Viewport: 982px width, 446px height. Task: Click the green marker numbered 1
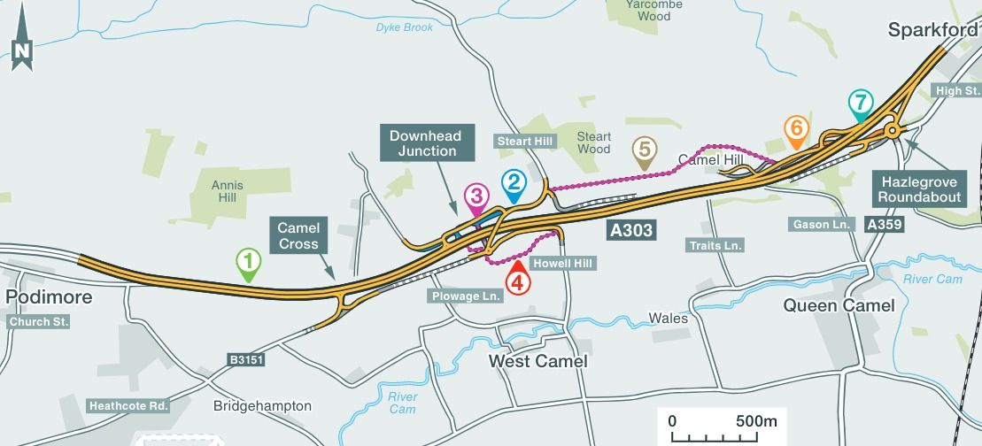(249, 261)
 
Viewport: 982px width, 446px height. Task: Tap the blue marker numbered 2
(513, 183)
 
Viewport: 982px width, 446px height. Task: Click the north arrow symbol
(22, 53)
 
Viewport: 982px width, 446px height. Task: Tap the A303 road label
(631, 231)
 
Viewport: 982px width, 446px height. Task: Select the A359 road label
(884, 225)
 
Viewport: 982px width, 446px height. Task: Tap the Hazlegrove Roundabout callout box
(919, 188)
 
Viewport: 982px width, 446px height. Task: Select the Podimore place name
(49, 296)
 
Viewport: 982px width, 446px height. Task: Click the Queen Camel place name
(839, 306)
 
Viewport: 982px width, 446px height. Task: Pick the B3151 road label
(245, 360)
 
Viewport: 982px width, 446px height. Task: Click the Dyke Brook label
(404, 27)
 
